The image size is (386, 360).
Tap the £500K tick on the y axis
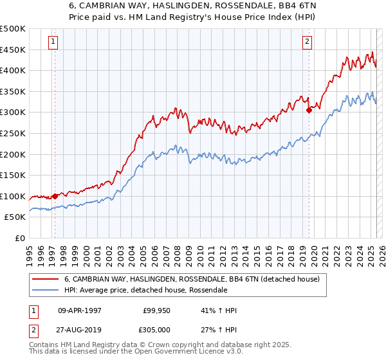click(x=13, y=29)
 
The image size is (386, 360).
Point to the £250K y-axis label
click(x=13, y=133)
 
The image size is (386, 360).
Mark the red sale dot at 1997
click(x=55, y=196)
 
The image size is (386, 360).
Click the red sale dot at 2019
click(x=309, y=110)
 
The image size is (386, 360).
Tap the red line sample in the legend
click(x=45, y=278)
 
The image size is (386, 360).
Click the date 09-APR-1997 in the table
click(x=80, y=310)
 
